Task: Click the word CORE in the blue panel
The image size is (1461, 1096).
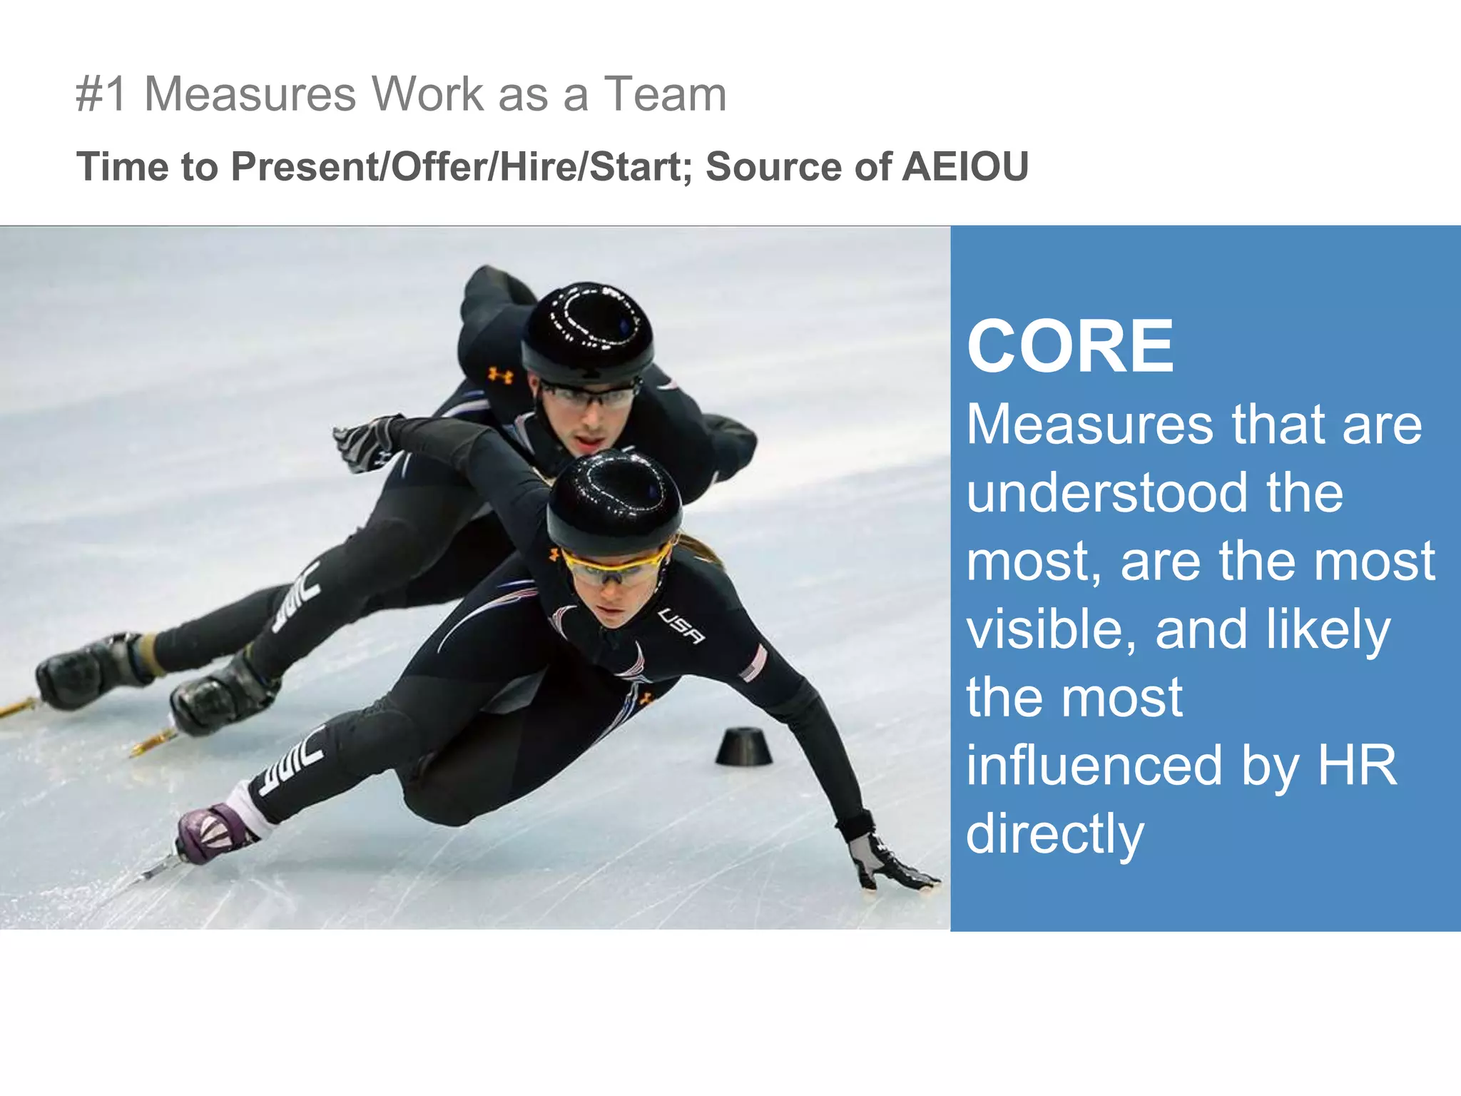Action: tap(1070, 347)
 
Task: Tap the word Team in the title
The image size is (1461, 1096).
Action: tap(665, 94)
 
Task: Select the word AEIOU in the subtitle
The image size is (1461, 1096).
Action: tap(965, 167)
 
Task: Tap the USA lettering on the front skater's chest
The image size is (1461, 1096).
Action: tap(681, 626)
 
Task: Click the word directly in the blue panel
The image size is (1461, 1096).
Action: tap(1054, 833)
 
